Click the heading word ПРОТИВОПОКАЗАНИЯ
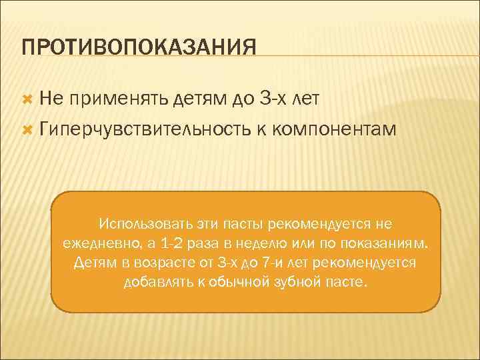[x=139, y=48]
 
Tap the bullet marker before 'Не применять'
[x=28, y=99]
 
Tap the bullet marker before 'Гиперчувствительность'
[x=28, y=129]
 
